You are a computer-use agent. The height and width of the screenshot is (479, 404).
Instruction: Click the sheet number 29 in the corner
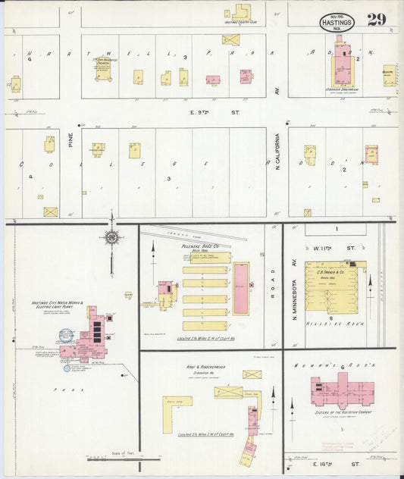tap(377, 20)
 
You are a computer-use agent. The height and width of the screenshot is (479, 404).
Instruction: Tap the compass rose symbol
tap(111, 237)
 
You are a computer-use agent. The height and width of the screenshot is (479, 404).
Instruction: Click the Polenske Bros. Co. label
tap(200, 246)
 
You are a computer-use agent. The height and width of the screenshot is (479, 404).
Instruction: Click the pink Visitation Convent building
tap(338, 390)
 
